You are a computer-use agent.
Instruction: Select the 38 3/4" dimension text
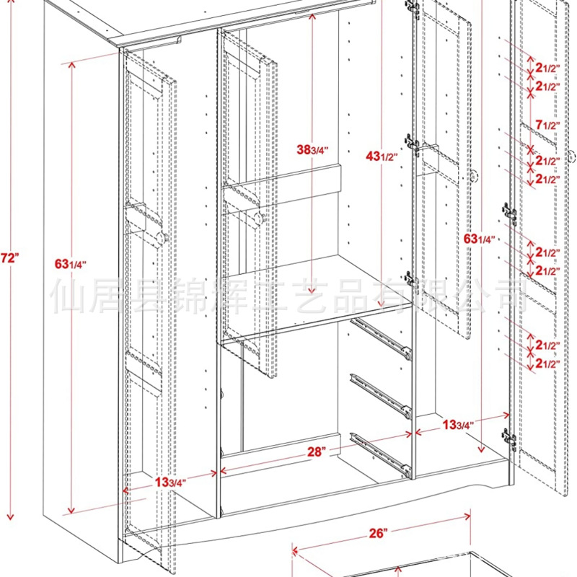pos(312,150)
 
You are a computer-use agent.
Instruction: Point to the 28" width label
pos(314,452)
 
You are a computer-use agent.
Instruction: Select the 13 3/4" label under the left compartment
pos(170,482)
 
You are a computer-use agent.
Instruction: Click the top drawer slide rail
pos(380,338)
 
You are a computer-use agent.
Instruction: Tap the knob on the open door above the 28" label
pos(261,216)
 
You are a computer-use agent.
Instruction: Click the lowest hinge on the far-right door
pos(510,437)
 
